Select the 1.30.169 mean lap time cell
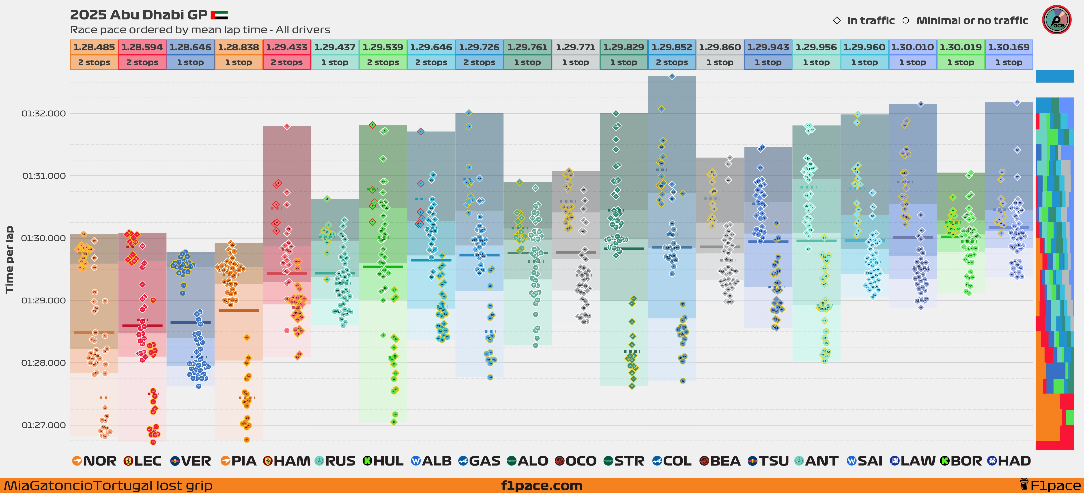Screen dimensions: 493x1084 1009,47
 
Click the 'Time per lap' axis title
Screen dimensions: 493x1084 9,260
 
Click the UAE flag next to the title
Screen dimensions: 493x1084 219,15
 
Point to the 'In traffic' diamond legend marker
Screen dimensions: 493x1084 837,20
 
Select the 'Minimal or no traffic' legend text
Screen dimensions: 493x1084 972,20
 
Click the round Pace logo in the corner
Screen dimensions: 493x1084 1057,20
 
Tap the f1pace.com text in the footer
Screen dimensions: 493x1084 542,485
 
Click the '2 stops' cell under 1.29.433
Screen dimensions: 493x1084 287,62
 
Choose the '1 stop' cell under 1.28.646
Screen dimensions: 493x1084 190,62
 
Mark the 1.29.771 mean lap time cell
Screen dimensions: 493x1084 575,47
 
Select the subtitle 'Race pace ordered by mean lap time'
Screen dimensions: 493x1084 200,30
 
